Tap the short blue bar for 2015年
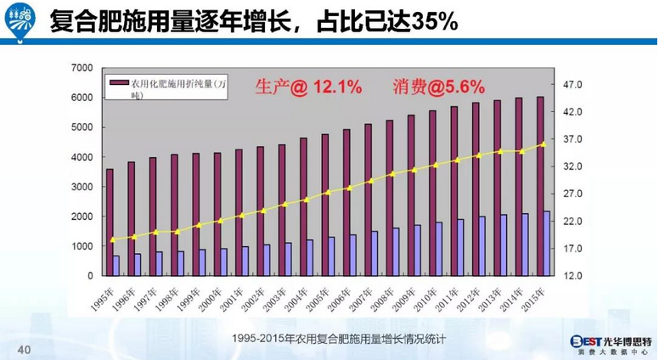point(547,244)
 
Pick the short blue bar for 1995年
point(116,266)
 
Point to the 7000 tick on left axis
point(82,68)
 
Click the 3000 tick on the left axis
point(82,187)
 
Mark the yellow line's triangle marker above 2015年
point(543,143)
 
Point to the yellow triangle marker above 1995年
point(113,239)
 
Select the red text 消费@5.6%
point(438,86)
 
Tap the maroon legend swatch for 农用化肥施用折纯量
point(121,82)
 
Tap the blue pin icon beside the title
point(22,20)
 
